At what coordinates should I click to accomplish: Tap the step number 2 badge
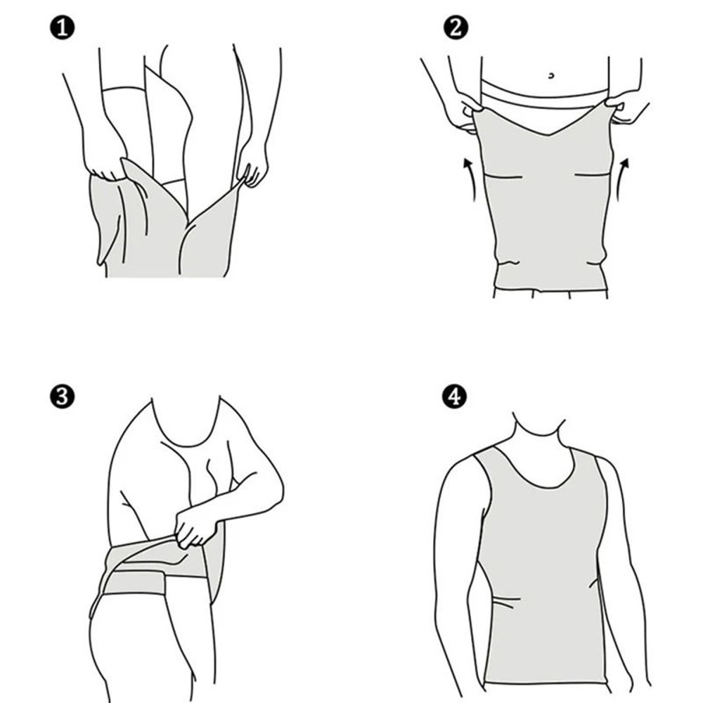pos(455,29)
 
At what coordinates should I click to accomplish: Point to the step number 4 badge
pos(455,396)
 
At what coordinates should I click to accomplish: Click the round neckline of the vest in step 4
pos(540,478)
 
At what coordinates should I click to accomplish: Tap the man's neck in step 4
pos(538,432)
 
